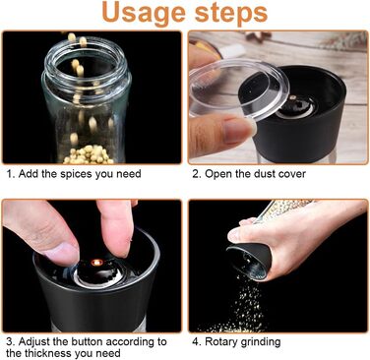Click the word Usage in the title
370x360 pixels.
145,14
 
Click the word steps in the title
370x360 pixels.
231,13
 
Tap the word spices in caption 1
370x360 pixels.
76,174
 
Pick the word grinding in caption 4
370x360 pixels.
261,342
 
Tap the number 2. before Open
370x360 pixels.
197,174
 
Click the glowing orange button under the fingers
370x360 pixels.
96,263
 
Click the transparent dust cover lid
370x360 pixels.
239,90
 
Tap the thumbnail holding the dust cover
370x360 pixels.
238,131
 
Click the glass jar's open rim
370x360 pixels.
87,57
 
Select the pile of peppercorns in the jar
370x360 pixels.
89,155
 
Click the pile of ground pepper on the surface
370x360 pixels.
237,326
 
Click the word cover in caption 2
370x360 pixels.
292,174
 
